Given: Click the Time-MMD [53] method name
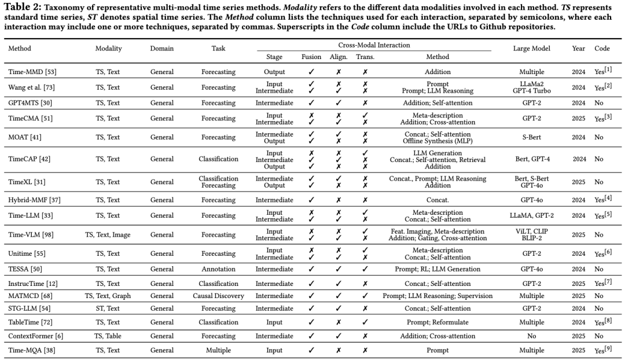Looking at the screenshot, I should tap(32, 72).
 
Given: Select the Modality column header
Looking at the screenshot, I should tap(109, 49).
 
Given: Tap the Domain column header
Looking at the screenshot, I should tap(162, 49).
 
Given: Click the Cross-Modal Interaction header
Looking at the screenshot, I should tap(374, 45).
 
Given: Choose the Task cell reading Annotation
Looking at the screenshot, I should tap(219, 269).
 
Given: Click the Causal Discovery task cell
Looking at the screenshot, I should tap(219, 296).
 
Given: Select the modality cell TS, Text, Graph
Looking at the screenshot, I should tap(109, 296).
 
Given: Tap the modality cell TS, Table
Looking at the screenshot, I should tap(109, 336).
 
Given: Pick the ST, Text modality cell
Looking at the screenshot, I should tap(109, 309).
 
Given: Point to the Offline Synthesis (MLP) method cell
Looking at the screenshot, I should tap(437, 141).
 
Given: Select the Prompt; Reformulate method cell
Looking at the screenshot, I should tap(437, 322).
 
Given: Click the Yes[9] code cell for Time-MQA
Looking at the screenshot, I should tap(602, 350).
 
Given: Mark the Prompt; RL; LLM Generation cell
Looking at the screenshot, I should tap(437, 269).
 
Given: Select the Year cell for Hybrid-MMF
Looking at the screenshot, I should tap(578, 199).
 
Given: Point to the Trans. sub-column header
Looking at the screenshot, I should tap(365, 57).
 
